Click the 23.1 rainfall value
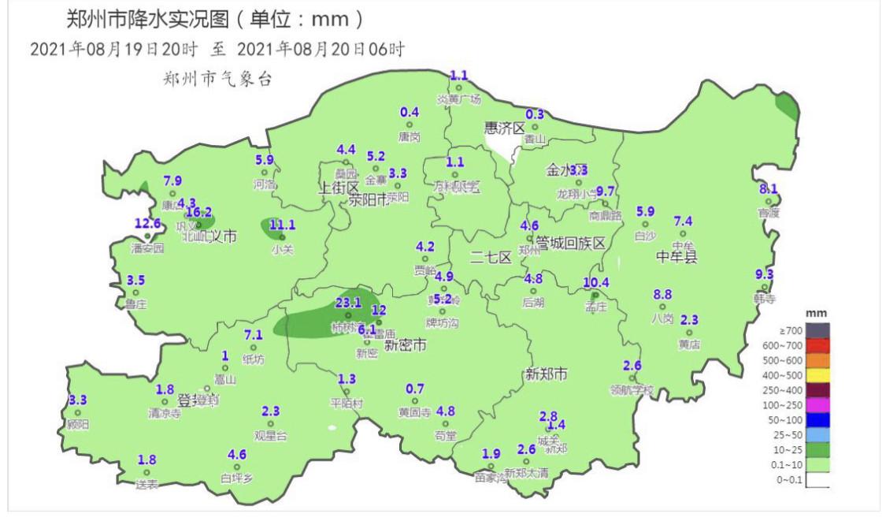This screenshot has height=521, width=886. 348,302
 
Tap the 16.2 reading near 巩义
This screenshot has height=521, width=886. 198,212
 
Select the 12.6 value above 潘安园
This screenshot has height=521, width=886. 147,224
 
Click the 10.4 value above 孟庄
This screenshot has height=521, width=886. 596,283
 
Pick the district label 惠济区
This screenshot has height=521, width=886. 505,128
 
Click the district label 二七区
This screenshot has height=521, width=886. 491,257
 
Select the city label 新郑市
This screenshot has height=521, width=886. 546,374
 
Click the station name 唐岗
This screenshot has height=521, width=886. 410,136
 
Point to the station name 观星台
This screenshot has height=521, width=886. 271,434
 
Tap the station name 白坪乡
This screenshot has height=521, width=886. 237,478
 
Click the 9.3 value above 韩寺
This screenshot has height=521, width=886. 764,275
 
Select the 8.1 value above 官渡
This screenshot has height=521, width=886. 769,189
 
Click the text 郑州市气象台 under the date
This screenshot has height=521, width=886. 217,79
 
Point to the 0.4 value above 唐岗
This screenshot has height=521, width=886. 410,113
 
